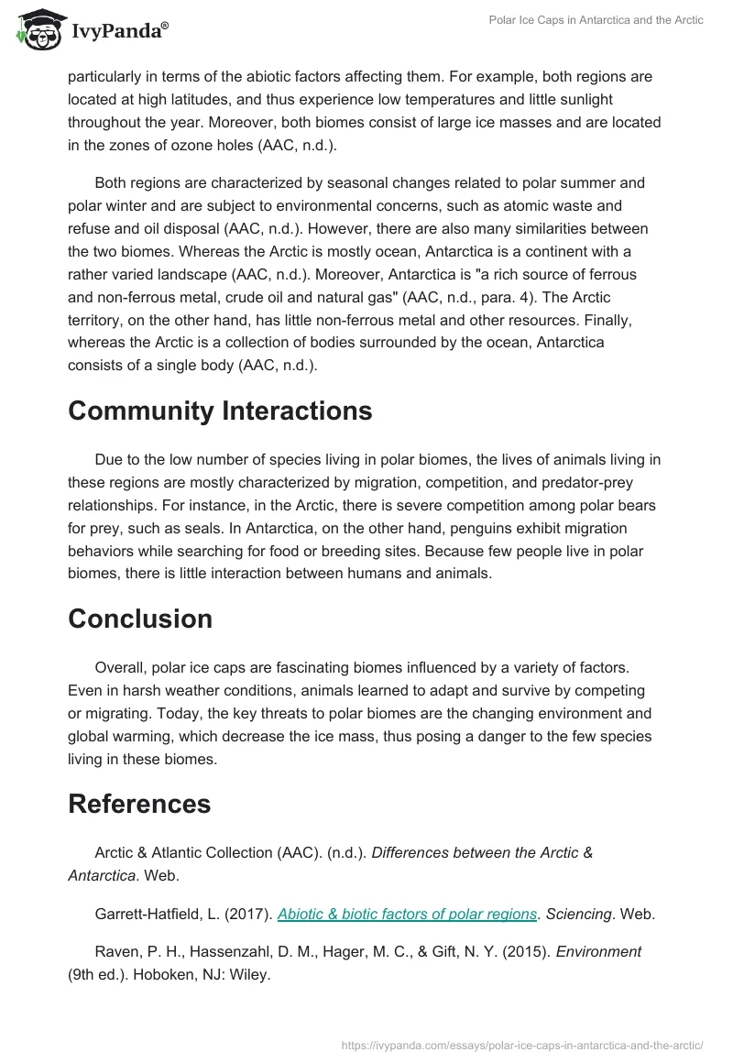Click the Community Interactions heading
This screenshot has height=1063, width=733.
pyautogui.click(x=220, y=411)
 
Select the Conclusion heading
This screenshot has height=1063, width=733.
pyautogui.click(x=140, y=619)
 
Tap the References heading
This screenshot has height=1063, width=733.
pyautogui.click(x=139, y=804)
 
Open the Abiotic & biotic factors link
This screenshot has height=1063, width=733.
pyautogui.click(x=407, y=914)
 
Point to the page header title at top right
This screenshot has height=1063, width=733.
pyautogui.click(x=595, y=20)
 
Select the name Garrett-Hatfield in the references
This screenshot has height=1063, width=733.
pyautogui.click(x=150, y=914)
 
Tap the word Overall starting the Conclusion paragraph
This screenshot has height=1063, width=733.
pyautogui.click(x=120, y=668)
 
